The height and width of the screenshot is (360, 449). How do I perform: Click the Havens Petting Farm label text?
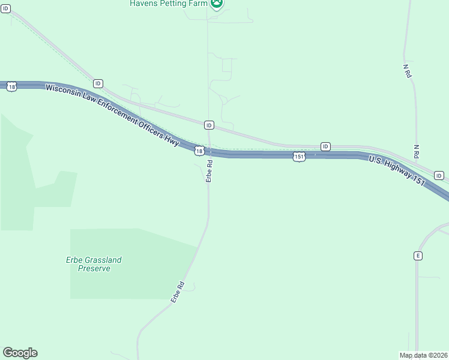point(167,3)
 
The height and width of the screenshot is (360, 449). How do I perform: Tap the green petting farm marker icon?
point(216,3)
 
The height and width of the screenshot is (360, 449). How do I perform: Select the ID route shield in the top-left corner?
point(6,9)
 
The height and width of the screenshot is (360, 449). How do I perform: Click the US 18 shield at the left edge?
point(11,87)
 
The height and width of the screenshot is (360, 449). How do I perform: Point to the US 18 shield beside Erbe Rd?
point(199,151)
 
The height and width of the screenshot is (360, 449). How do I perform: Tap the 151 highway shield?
point(299,157)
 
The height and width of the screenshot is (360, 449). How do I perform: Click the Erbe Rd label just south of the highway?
point(209,170)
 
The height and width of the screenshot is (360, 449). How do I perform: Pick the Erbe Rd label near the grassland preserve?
point(176,292)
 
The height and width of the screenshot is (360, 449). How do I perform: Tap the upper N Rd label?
point(406,71)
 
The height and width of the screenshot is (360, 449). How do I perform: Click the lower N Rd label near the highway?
point(416,151)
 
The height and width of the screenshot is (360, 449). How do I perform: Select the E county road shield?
point(418,256)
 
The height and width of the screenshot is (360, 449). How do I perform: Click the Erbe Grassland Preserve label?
point(94,264)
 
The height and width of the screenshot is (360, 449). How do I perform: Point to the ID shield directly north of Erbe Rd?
point(209,125)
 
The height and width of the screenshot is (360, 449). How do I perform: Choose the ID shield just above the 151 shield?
point(325,146)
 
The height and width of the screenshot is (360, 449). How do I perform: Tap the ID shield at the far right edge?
point(439,176)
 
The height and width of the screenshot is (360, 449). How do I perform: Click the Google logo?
point(20,353)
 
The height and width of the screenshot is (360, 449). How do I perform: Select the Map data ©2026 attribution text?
point(424,355)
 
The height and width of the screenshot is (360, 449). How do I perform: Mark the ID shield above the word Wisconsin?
point(98,83)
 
